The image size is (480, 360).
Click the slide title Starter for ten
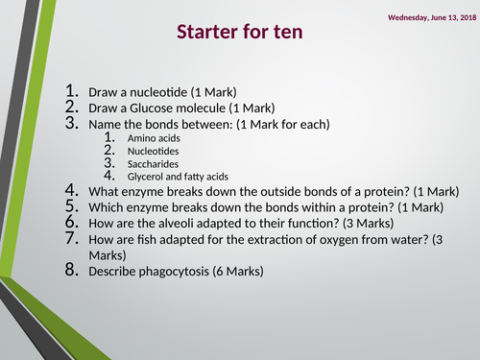[x=240, y=32]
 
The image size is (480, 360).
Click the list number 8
[x=72, y=271]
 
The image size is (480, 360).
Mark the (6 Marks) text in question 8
[x=235, y=272]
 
